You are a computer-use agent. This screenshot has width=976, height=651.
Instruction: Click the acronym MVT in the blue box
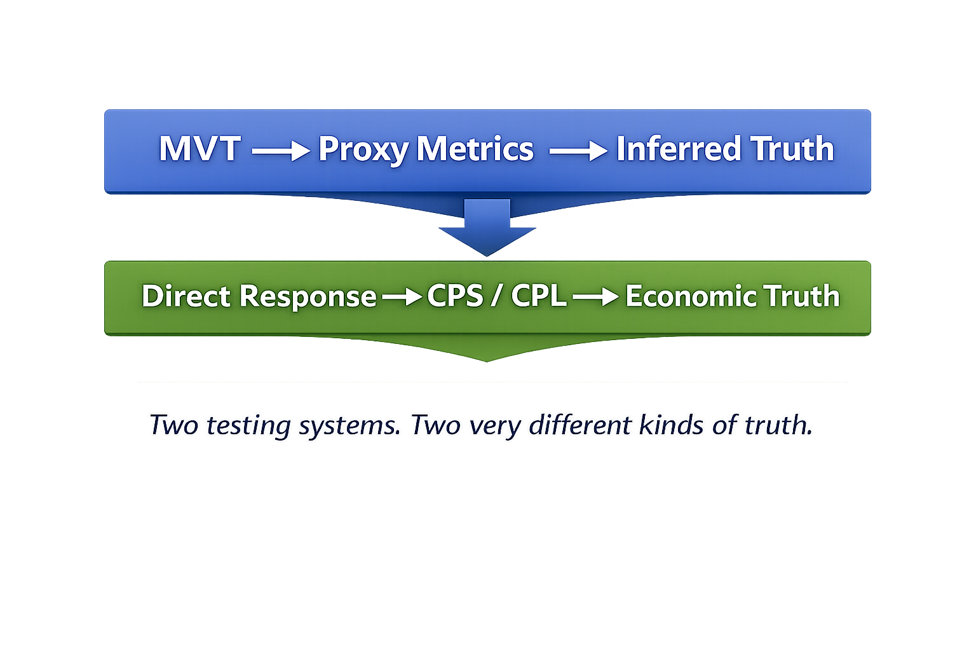point(200,149)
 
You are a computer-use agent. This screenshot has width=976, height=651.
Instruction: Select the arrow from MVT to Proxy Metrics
point(280,151)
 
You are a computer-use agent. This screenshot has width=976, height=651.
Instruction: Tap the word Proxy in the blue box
point(363,150)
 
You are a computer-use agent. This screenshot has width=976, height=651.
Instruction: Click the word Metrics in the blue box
point(475,149)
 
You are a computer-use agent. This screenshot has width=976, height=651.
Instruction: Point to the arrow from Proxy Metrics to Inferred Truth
point(578,151)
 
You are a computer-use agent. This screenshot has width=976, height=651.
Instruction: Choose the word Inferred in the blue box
point(679,149)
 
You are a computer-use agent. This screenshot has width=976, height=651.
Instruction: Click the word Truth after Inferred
point(792,149)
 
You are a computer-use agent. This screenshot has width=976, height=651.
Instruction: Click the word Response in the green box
point(308,297)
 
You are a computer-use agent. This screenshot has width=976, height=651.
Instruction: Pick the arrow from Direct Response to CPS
point(402,297)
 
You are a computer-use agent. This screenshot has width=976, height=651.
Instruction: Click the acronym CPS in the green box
point(455,296)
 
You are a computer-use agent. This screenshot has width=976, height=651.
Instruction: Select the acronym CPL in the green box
point(538,296)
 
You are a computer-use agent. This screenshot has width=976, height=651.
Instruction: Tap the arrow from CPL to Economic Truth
point(595,297)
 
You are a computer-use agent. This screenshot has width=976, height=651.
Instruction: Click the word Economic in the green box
point(691,296)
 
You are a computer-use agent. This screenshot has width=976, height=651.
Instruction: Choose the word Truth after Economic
point(802,296)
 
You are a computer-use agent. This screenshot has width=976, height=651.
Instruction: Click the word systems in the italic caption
point(350,426)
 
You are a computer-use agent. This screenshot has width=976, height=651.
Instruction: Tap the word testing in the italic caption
point(248,426)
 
